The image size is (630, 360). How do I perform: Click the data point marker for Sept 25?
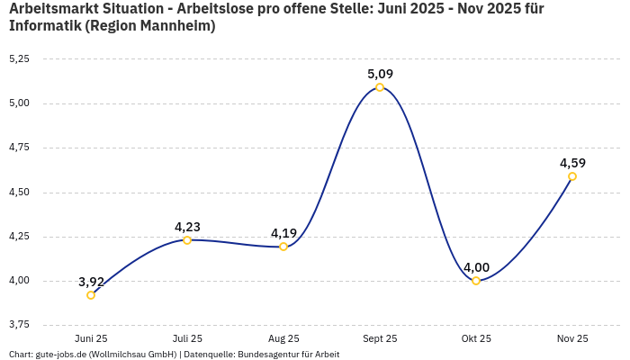coord(380,87)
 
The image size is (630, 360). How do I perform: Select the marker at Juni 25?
coord(91,295)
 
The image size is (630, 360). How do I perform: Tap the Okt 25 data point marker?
coord(476,281)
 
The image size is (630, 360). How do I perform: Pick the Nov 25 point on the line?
coord(572,176)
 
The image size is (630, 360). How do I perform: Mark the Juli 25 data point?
coord(187,240)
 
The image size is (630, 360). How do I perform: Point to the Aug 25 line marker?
coord(283,247)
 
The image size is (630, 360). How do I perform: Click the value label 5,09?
coord(380,74)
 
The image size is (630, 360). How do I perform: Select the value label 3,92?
coord(91,282)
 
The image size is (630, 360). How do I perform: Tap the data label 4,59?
coord(572,163)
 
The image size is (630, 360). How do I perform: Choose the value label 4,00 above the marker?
coord(476,267)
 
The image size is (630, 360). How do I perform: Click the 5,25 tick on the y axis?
coord(19,58)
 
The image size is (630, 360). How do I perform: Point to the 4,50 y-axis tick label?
coord(19,192)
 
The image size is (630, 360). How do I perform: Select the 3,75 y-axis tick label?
coord(19,324)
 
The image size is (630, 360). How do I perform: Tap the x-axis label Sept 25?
coord(380,338)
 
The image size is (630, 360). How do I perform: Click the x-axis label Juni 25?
coord(91,338)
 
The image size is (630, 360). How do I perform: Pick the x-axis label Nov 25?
coord(572,338)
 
